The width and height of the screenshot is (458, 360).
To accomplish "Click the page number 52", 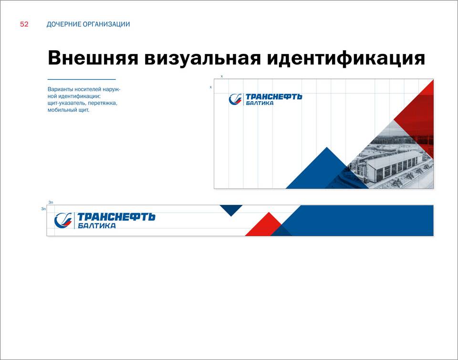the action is (x=24, y=24).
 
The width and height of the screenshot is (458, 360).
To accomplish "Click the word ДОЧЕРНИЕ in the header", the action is (x=63, y=24).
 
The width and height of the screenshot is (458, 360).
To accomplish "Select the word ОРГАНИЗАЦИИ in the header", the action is (x=106, y=24).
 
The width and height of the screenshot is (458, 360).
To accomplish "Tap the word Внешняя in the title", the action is (x=93, y=58).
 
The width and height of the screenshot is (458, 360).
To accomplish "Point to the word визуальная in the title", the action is (x=202, y=59).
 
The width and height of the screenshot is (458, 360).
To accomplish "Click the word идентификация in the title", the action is (x=346, y=59).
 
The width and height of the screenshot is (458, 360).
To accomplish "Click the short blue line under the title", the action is (x=82, y=79).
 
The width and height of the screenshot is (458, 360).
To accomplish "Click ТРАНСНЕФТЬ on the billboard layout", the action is (x=274, y=97).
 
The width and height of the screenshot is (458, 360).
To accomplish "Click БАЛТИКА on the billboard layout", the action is (x=260, y=103).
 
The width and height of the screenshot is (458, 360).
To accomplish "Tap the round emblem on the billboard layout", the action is (x=235, y=99).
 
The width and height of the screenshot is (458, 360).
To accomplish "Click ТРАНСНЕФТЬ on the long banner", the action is (x=116, y=217).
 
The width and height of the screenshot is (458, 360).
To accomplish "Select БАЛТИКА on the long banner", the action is (x=97, y=225).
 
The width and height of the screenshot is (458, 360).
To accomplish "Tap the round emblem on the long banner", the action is (x=63, y=220).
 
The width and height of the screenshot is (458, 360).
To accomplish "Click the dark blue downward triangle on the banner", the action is (x=231, y=210).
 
